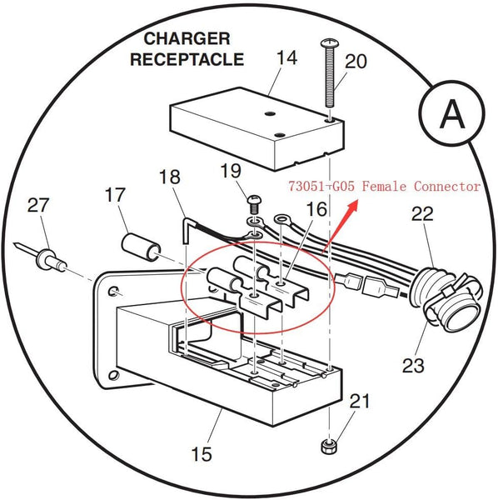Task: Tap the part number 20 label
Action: pyautogui.click(x=355, y=61)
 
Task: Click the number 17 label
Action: pyautogui.click(x=116, y=197)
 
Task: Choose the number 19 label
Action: pyautogui.click(x=231, y=172)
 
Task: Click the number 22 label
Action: pyautogui.click(x=423, y=214)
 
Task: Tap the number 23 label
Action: pyautogui.click(x=413, y=364)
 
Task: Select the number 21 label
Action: pyautogui.click(x=359, y=402)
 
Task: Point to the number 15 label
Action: pyautogui.click(x=201, y=454)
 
